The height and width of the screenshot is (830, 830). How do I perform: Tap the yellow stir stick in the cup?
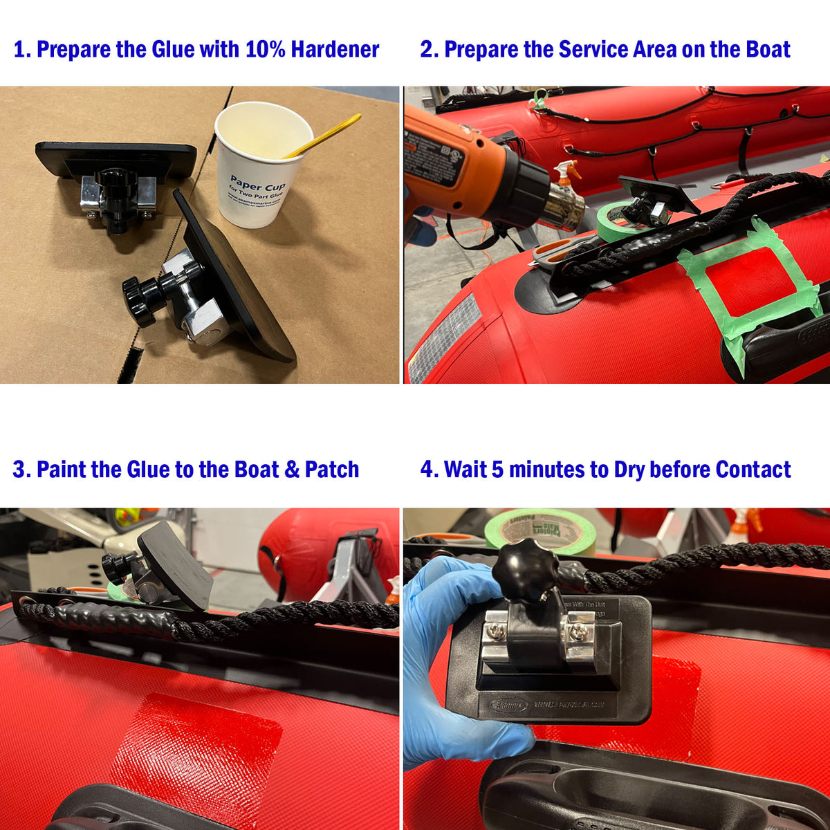tap(325, 135)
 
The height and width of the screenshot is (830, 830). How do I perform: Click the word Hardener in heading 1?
tap(335, 50)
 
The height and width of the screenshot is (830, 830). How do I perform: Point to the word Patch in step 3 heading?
tap(332, 470)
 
